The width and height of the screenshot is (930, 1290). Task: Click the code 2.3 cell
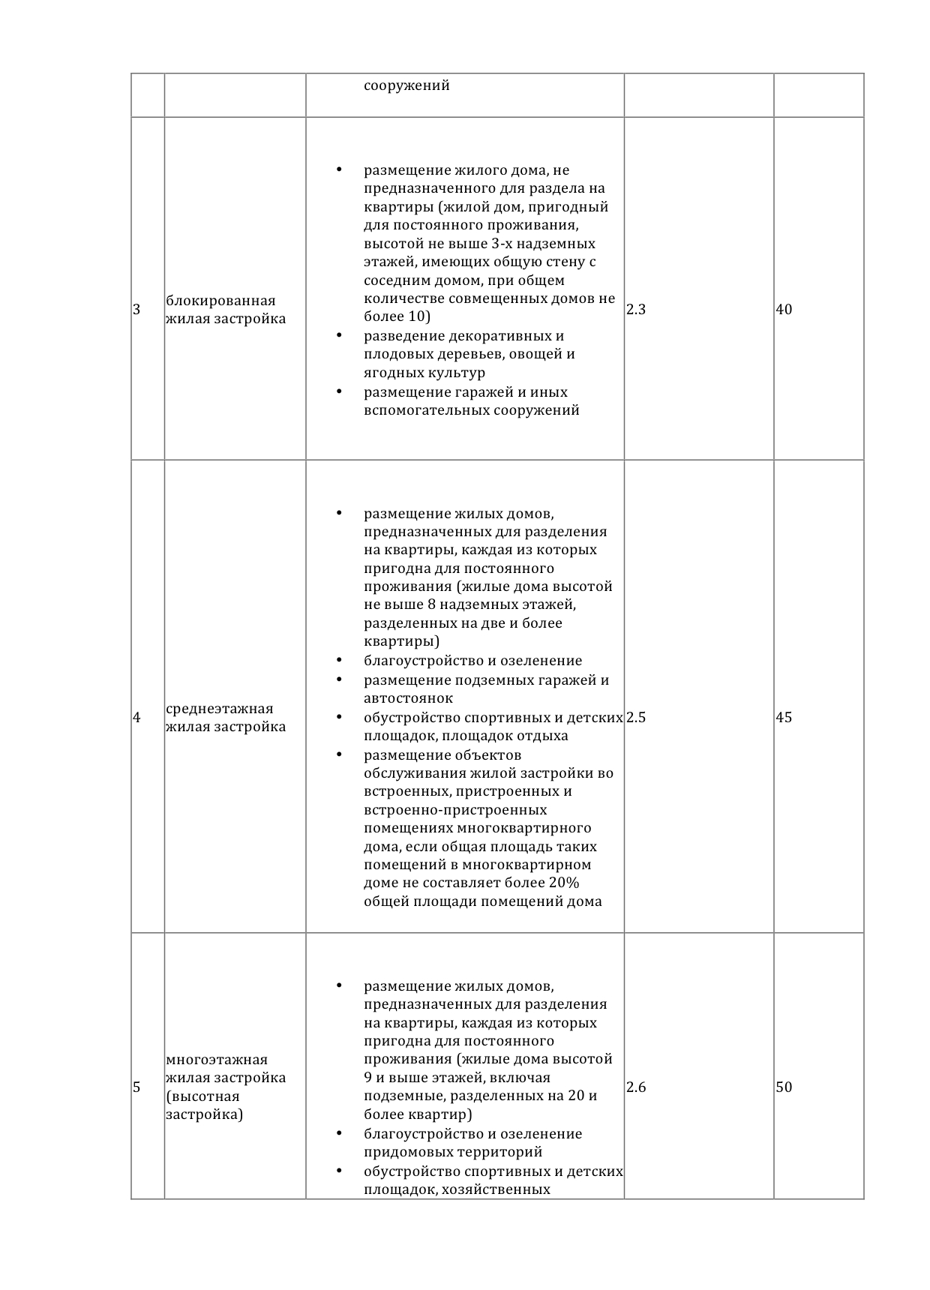pyautogui.click(x=636, y=310)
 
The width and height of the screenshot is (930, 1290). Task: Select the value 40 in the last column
pyautogui.click(x=784, y=310)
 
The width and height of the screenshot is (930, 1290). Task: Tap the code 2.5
pyautogui.click(x=636, y=718)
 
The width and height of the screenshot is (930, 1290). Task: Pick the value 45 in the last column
pyautogui.click(x=784, y=718)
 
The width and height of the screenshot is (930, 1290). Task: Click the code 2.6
pyautogui.click(x=636, y=1087)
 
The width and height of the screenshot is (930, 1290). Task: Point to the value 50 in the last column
pyautogui.click(x=784, y=1087)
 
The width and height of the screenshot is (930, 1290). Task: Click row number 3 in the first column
pyautogui.click(x=136, y=310)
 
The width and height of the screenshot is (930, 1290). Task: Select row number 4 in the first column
pyautogui.click(x=136, y=718)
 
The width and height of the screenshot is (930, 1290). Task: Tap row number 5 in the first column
pyautogui.click(x=136, y=1087)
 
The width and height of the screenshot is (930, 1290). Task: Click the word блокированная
pyautogui.click(x=220, y=301)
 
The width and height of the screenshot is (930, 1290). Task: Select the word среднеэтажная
pyautogui.click(x=219, y=709)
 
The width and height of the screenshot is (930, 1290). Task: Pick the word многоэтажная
pyautogui.click(x=217, y=1060)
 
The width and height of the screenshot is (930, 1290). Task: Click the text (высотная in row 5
pyautogui.click(x=202, y=1096)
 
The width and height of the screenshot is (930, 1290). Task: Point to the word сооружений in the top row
pyautogui.click(x=406, y=85)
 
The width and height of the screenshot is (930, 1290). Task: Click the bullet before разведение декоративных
pyautogui.click(x=339, y=335)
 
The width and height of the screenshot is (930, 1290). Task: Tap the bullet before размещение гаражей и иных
pyautogui.click(x=339, y=391)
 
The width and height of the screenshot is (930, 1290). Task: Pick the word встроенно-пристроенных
pyautogui.click(x=455, y=810)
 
